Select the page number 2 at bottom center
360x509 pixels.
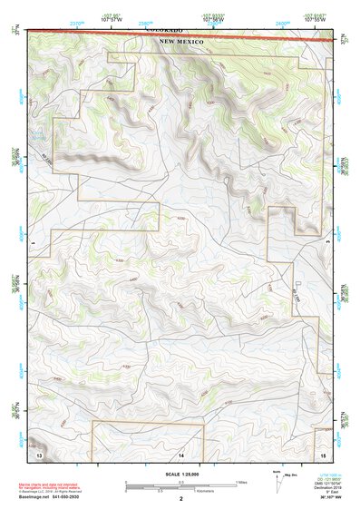pos(180,498)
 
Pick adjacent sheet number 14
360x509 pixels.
pos(180,453)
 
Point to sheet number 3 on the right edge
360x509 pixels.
pos(326,243)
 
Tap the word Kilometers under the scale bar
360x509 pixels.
pos(205,493)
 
